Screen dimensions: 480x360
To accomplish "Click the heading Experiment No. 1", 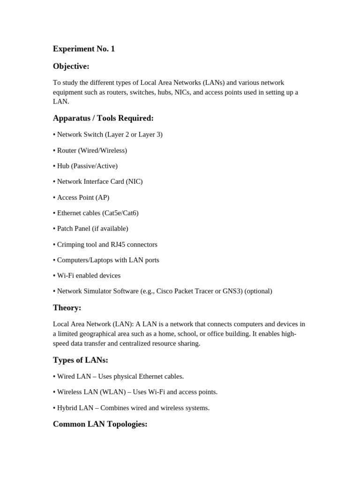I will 84,49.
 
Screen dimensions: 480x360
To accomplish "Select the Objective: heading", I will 71,66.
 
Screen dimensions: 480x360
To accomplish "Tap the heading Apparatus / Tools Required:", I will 103,118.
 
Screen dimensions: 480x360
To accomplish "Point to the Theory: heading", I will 67,307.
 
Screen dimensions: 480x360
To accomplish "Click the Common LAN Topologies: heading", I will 100,424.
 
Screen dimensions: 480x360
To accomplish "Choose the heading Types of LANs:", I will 81,360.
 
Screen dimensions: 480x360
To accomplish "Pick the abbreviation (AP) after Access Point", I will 102,197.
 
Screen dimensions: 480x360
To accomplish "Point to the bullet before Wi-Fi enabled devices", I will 54,275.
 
